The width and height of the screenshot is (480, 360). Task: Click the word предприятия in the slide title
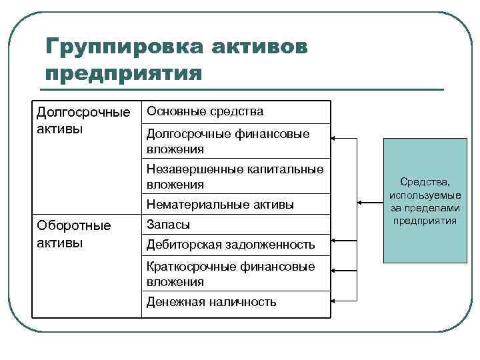pos(124,72)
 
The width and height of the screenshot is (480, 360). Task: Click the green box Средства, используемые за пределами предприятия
pos(425,201)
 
